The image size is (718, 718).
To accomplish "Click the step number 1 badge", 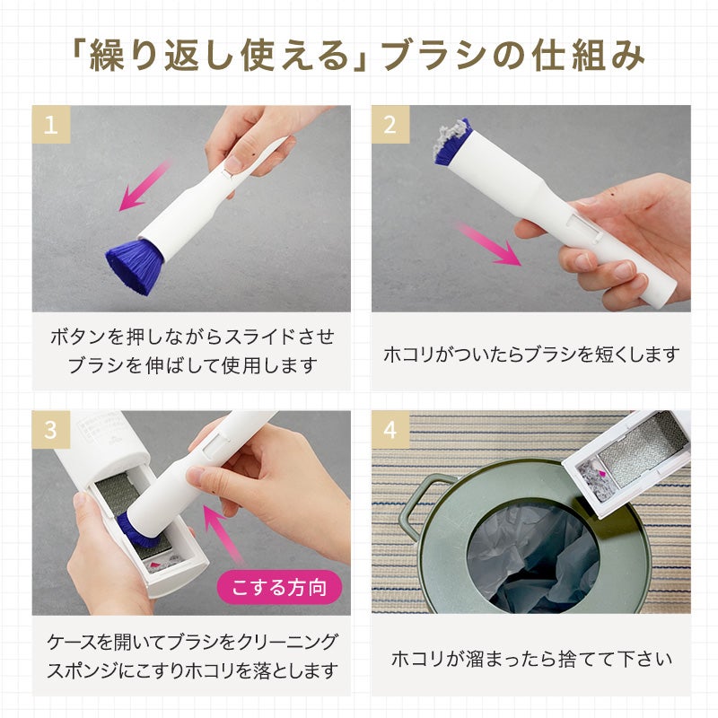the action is click(51, 124).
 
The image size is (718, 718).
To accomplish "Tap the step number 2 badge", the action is click(390, 124).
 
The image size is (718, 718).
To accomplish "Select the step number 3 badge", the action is click(51, 430).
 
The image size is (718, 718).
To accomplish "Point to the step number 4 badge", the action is click(390, 430).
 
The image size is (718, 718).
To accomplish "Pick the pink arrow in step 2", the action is click(488, 243).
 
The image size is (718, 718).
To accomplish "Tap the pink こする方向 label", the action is click(279, 588).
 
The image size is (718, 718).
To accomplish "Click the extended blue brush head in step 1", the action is click(134, 266).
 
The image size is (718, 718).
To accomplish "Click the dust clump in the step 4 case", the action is click(594, 480).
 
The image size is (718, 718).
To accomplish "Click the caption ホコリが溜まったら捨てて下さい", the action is click(531, 659).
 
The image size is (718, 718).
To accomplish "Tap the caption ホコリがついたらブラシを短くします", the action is click(531, 355).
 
